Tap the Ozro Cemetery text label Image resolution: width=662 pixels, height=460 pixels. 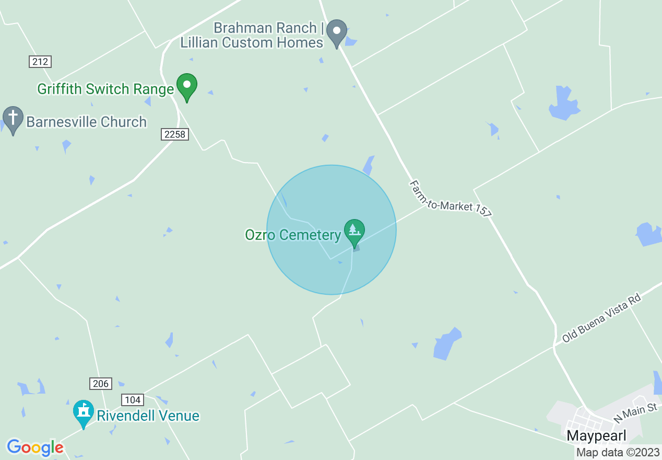(293, 235)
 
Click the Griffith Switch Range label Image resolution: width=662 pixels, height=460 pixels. (105, 89)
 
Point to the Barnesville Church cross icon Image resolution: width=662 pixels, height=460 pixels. (13, 119)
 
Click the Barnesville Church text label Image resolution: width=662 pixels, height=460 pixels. (86, 122)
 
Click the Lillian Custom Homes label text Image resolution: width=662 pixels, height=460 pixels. (252, 42)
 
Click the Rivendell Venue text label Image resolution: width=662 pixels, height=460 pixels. (148, 416)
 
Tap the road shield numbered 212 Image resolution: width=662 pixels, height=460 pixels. (40, 62)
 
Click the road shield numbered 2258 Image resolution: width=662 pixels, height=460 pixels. (174, 134)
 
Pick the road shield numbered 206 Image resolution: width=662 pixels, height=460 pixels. (100, 384)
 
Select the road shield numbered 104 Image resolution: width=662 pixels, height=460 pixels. (133, 400)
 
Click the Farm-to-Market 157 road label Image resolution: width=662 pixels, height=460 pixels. (450, 199)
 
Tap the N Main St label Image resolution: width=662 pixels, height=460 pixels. (635, 412)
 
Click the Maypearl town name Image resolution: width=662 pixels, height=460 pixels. (596, 436)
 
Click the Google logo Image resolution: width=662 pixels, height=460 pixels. (35, 447)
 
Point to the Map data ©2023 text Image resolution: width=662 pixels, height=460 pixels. (618, 452)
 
